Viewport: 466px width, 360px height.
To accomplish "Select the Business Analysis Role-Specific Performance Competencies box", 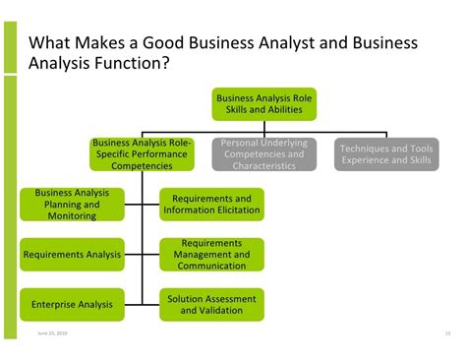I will pos(143,154).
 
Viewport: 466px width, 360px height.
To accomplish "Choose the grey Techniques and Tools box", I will pos(386,154).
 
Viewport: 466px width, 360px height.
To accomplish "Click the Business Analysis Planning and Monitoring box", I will pos(72,204).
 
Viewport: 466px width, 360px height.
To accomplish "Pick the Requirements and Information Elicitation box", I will pos(211,204).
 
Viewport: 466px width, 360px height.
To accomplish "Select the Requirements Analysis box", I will pos(72,254).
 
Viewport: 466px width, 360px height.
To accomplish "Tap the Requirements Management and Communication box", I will pos(211,254).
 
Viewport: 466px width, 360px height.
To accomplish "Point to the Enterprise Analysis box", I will pos(72,305).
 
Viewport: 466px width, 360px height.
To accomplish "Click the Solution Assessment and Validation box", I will pos(211,305).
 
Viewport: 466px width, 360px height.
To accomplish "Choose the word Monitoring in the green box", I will pos(72,215).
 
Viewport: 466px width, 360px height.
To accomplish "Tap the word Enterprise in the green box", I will pos(55,305).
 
